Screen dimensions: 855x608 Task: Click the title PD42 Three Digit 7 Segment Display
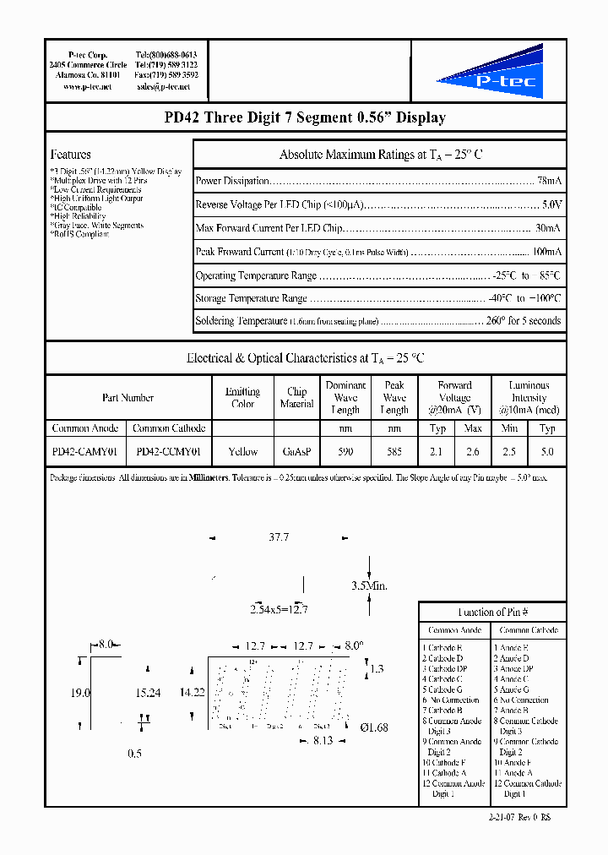pos(304,118)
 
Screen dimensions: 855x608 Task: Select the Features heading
pos(70,155)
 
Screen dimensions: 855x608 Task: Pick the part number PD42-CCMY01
pos(169,452)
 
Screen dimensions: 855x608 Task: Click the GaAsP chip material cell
pos(296,452)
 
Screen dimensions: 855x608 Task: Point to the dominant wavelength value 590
pos(345,452)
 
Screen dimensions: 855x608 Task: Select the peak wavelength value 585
pos(394,452)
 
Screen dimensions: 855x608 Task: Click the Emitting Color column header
pos(242,397)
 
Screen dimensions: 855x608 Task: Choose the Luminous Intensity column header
pos(529,397)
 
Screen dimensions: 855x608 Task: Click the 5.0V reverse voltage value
pos(551,204)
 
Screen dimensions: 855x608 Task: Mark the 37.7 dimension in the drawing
pos(279,537)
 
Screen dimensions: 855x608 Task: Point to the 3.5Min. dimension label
pos(369,585)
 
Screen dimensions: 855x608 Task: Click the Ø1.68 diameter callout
pos(374,727)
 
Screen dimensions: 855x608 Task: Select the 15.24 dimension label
pos(148,693)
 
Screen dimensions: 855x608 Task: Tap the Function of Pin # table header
pos(492,613)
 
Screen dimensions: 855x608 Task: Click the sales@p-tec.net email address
pos(163,87)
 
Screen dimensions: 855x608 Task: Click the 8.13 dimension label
pos(323,740)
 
